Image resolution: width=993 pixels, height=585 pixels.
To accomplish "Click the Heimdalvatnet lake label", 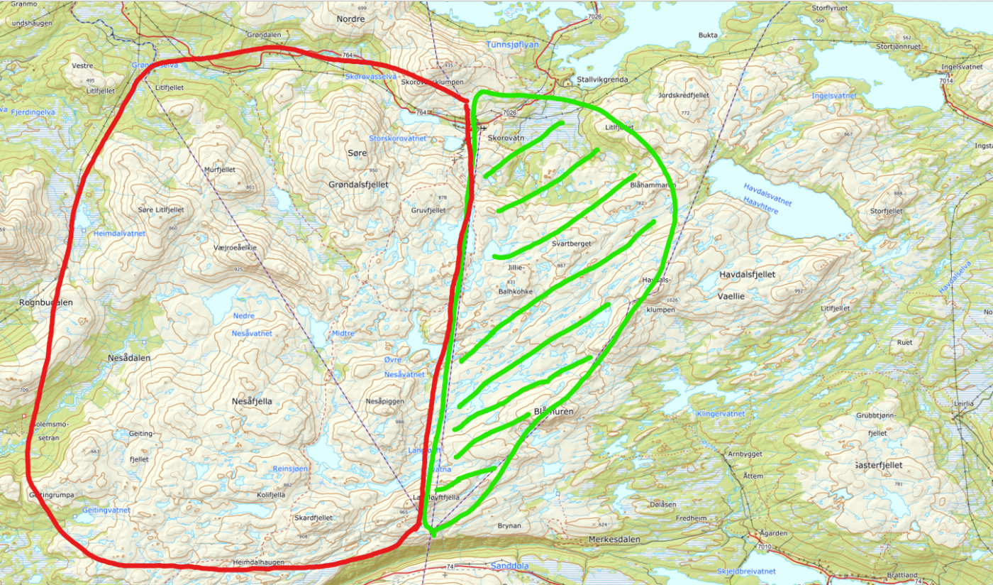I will [x=119, y=233].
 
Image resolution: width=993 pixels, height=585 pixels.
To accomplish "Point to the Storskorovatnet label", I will [x=398, y=138].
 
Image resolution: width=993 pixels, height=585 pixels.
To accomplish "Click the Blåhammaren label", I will [x=653, y=185].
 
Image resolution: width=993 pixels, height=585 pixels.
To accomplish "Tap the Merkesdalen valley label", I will [x=615, y=540].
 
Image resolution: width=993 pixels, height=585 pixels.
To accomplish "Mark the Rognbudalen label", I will [x=46, y=302].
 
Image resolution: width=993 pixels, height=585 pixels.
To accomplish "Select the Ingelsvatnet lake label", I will [x=834, y=95].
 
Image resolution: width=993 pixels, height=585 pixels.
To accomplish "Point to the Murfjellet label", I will [x=218, y=170].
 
